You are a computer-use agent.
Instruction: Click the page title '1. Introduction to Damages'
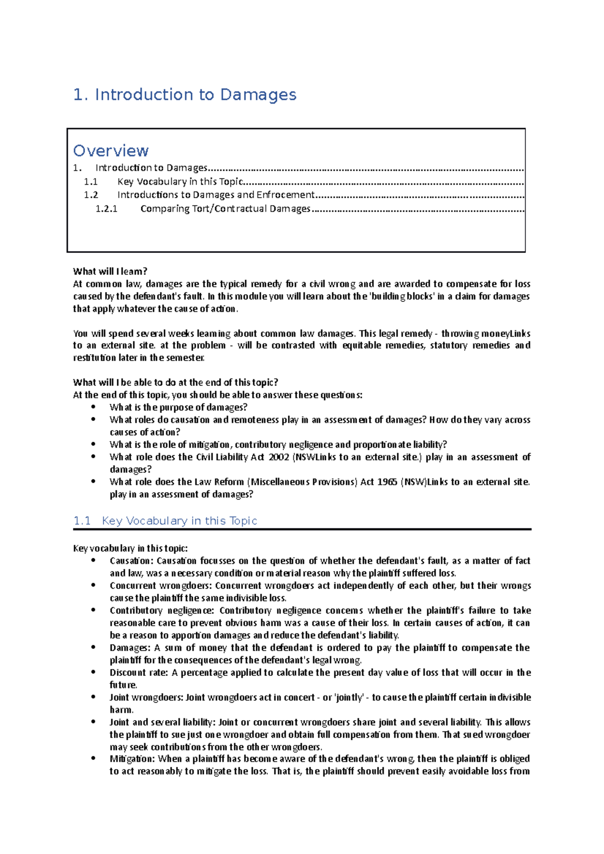click(x=185, y=95)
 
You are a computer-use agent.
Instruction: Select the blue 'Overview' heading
click(x=111, y=150)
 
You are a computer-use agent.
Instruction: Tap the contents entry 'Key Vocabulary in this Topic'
click(x=180, y=182)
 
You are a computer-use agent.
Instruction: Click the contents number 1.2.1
click(x=106, y=209)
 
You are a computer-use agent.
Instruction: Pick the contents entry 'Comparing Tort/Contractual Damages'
click(x=225, y=209)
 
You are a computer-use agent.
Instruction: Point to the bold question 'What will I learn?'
click(x=110, y=272)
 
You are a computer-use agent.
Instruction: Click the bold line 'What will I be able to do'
click(x=175, y=382)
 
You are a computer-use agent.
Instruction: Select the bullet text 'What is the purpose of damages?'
click(x=178, y=407)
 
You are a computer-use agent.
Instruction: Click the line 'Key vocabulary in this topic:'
click(x=130, y=548)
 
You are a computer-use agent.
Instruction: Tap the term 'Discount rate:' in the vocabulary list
click(x=139, y=673)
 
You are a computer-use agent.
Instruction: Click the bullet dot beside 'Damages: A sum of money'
click(x=94, y=648)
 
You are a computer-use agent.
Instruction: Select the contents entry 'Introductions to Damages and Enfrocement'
click(x=216, y=195)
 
